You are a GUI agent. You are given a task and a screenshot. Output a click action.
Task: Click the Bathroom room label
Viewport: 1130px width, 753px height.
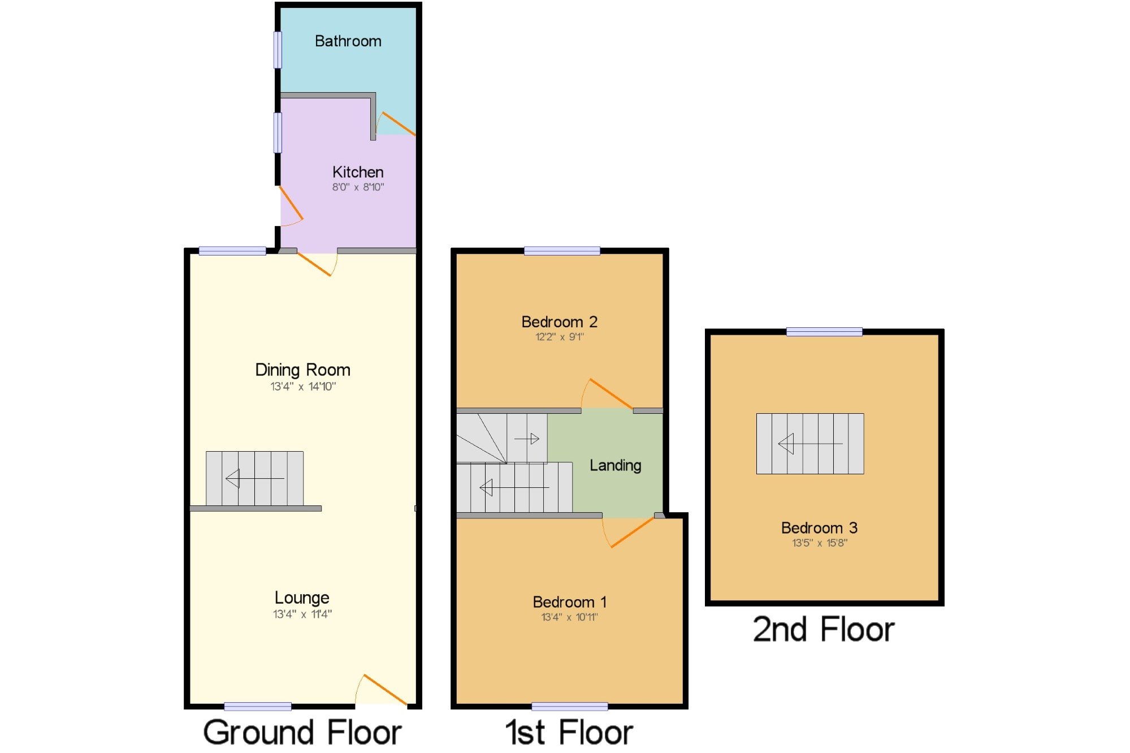[x=348, y=41]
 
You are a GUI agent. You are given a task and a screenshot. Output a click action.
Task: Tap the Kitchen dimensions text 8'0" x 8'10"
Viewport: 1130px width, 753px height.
[x=358, y=187]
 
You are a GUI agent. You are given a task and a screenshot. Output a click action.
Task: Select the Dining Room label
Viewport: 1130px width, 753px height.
[x=302, y=370]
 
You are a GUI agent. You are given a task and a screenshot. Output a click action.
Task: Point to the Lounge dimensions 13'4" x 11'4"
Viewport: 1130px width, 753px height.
[x=302, y=614]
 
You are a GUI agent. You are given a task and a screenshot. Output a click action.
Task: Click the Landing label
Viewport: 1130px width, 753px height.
[x=615, y=465]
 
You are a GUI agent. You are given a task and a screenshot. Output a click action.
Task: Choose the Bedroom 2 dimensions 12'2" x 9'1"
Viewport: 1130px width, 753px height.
[x=559, y=337]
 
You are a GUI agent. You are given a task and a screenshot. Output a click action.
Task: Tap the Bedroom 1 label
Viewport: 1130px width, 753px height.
[x=569, y=602]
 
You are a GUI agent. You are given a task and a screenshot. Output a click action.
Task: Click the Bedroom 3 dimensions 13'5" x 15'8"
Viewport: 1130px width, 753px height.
[x=819, y=543]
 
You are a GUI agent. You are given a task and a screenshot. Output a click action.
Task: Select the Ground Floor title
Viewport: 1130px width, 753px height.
[x=302, y=732]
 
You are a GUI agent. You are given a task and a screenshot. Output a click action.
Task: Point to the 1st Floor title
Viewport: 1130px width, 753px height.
[x=569, y=732]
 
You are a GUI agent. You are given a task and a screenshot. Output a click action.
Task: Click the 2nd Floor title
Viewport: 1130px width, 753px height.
[x=824, y=629]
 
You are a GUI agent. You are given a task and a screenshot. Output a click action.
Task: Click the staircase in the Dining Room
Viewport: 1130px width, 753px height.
[x=254, y=478]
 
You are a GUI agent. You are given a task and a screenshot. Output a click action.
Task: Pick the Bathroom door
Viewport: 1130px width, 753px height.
[x=398, y=124]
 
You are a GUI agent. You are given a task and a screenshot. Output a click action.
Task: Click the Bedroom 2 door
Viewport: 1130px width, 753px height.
[x=611, y=393]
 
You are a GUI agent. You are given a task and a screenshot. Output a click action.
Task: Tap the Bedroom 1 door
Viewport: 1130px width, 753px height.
[x=631, y=533]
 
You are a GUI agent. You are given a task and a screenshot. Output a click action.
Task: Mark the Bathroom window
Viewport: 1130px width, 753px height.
[x=278, y=50]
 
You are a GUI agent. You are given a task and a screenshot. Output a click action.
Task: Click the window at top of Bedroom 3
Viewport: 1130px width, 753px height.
[x=824, y=332]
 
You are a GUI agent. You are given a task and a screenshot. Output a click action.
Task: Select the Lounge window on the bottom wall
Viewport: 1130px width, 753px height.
[x=257, y=706]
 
